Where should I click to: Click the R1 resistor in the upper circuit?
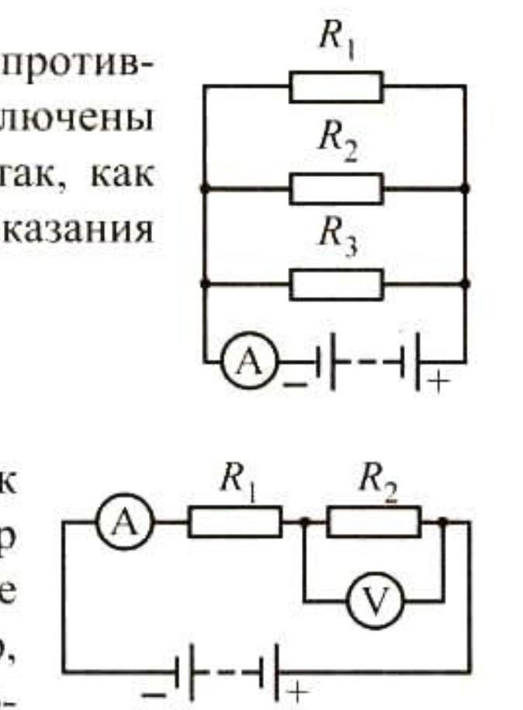[336, 86]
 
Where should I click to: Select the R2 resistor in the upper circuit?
[336, 188]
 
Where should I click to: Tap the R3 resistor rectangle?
[336, 284]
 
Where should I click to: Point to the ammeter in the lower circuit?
[124, 522]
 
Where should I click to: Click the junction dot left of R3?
[204, 284]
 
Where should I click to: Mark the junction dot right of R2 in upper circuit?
[466, 188]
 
